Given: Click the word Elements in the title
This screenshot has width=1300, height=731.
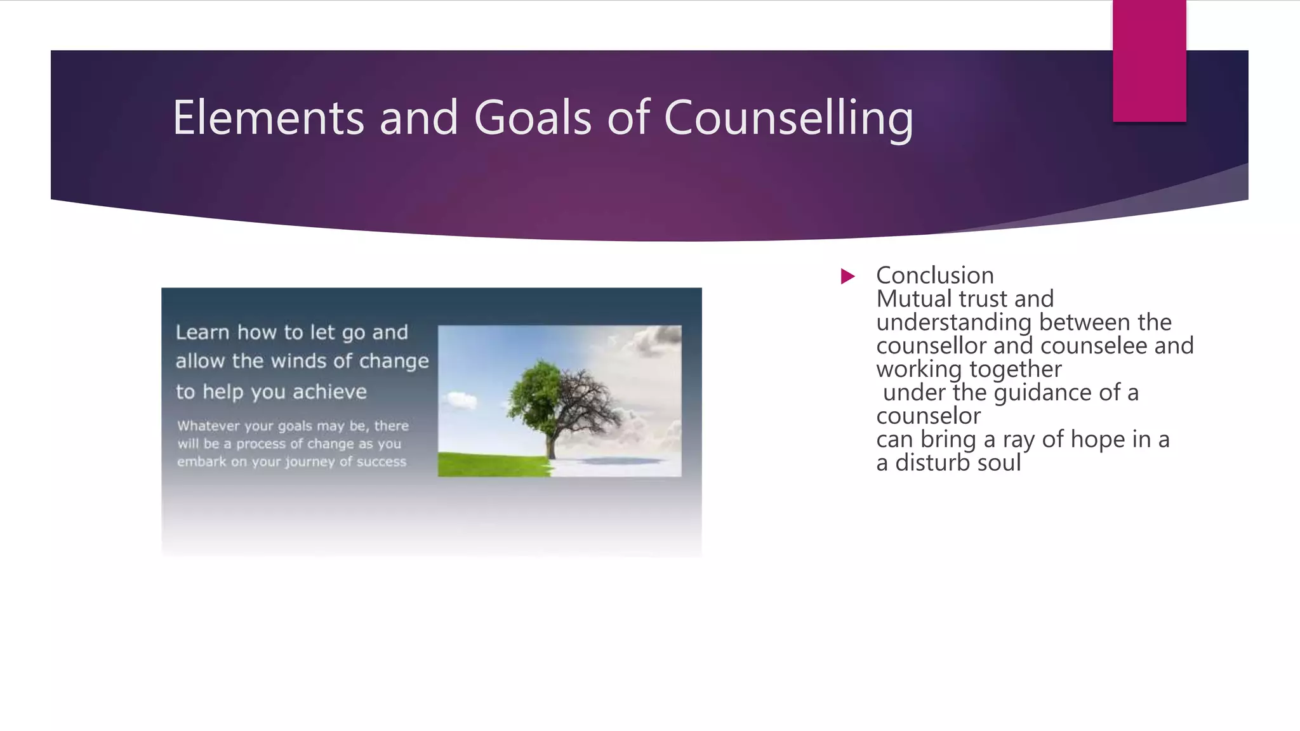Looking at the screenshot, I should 268,118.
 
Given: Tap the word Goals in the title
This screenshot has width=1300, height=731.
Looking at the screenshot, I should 532,118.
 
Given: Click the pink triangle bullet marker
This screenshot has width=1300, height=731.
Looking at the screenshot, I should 847,276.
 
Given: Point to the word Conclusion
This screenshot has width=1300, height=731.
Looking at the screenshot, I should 934,275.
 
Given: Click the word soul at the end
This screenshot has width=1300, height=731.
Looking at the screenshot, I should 999,463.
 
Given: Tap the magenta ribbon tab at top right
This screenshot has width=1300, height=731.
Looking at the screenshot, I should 1149,60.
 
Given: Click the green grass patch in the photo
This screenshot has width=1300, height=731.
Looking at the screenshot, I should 489,464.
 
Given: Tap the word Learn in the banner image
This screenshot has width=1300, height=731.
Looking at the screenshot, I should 202,332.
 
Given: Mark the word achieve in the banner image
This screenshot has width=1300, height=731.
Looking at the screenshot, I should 329,392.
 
